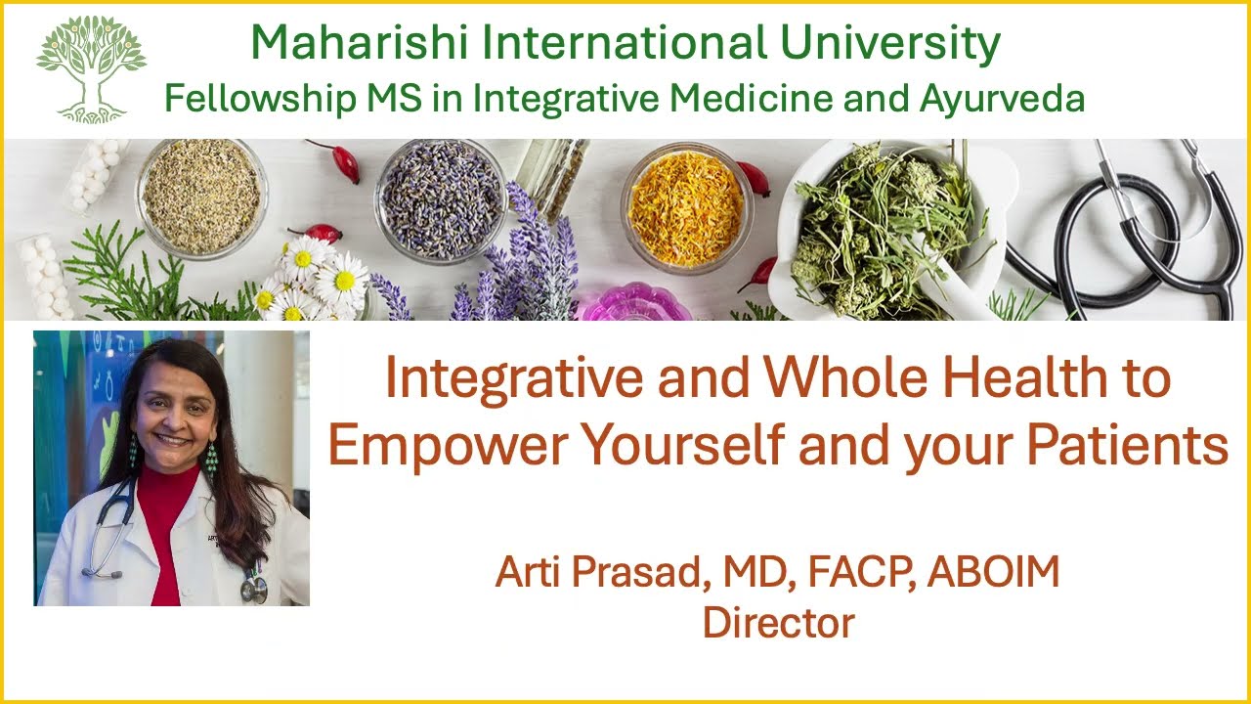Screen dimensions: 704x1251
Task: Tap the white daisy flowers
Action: (313, 279)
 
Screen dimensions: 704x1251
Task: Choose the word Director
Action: (778, 622)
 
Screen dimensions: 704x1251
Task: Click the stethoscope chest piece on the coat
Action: (254, 589)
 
